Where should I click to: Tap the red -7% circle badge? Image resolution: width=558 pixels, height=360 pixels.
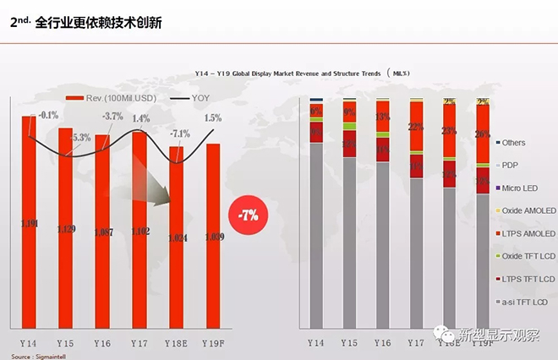249,214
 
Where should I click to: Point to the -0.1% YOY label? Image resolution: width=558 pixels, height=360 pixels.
48,115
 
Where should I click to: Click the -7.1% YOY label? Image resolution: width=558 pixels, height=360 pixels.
179,134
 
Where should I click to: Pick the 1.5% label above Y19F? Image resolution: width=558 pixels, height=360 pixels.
213,118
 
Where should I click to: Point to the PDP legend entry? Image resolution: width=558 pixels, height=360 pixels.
508,165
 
